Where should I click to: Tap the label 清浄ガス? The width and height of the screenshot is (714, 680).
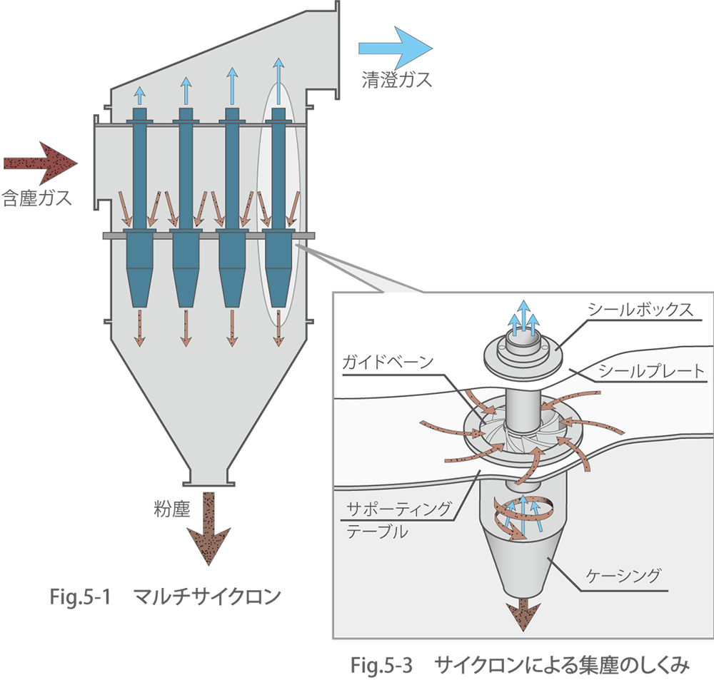pos(397,80)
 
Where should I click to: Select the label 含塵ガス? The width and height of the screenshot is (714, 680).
pos(37,198)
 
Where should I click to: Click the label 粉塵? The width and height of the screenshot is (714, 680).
pos(172,508)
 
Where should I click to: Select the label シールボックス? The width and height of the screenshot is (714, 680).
pos(639,309)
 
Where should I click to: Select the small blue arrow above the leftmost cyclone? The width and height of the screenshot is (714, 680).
pos(140,95)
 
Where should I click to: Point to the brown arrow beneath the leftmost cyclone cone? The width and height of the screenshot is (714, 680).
pos(140,327)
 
